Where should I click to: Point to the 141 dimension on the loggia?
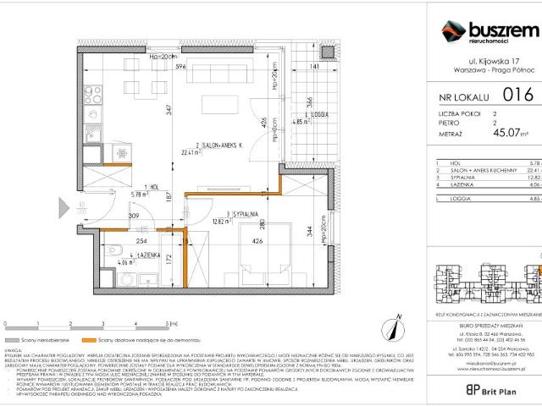coord(313,66)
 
